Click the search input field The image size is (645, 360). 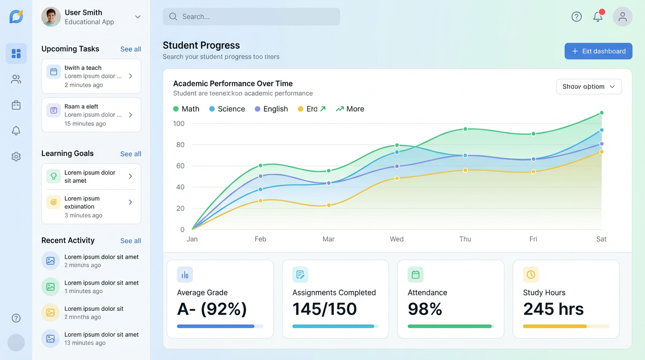pyautogui.click(x=251, y=17)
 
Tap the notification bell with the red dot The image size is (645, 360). pyautogui.click(x=598, y=17)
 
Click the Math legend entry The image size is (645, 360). pyautogui.click(x=186, y=109)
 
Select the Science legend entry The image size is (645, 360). pyautogui.click(x=227, y=109)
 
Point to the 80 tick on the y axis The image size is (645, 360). pyautogui.click(x=180, y=145)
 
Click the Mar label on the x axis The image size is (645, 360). pyautogui.click(x=329, y=239)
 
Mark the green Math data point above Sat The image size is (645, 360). pyautogui.click(x=601, y=113)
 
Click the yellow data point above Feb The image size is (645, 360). pyautogui.click(x=261, y=201)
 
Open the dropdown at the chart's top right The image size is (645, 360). pyautogui.click(x=589, y=87)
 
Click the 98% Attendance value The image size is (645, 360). pyautogui.click(x=425, y=309)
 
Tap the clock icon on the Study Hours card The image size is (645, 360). pyautogui.click(x=531, y=275)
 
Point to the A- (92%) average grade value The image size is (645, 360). pyautogui.click(x=212, y=309)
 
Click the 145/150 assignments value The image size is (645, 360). pyautogui.click(x=324, y=309)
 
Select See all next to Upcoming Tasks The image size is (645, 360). pyautogui.click(x=130, y=49)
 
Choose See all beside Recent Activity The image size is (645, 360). pyautogui.click(x=130, y=241)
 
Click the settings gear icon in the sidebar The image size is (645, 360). pyautogui.click(x=16, y=157)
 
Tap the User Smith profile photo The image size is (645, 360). pyautogui.click(x=51, y=17)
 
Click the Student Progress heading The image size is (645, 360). pyautogui.click(x=201, y=45)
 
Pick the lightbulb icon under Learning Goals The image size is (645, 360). pyautogui.click(x=53, y=176)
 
